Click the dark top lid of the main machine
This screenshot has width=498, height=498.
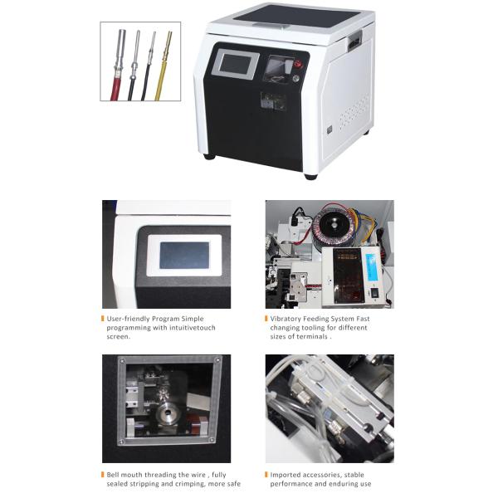299,17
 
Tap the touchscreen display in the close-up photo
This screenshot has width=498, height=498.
183,255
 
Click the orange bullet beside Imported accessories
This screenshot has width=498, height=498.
266,475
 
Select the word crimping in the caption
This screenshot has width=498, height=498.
188,484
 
